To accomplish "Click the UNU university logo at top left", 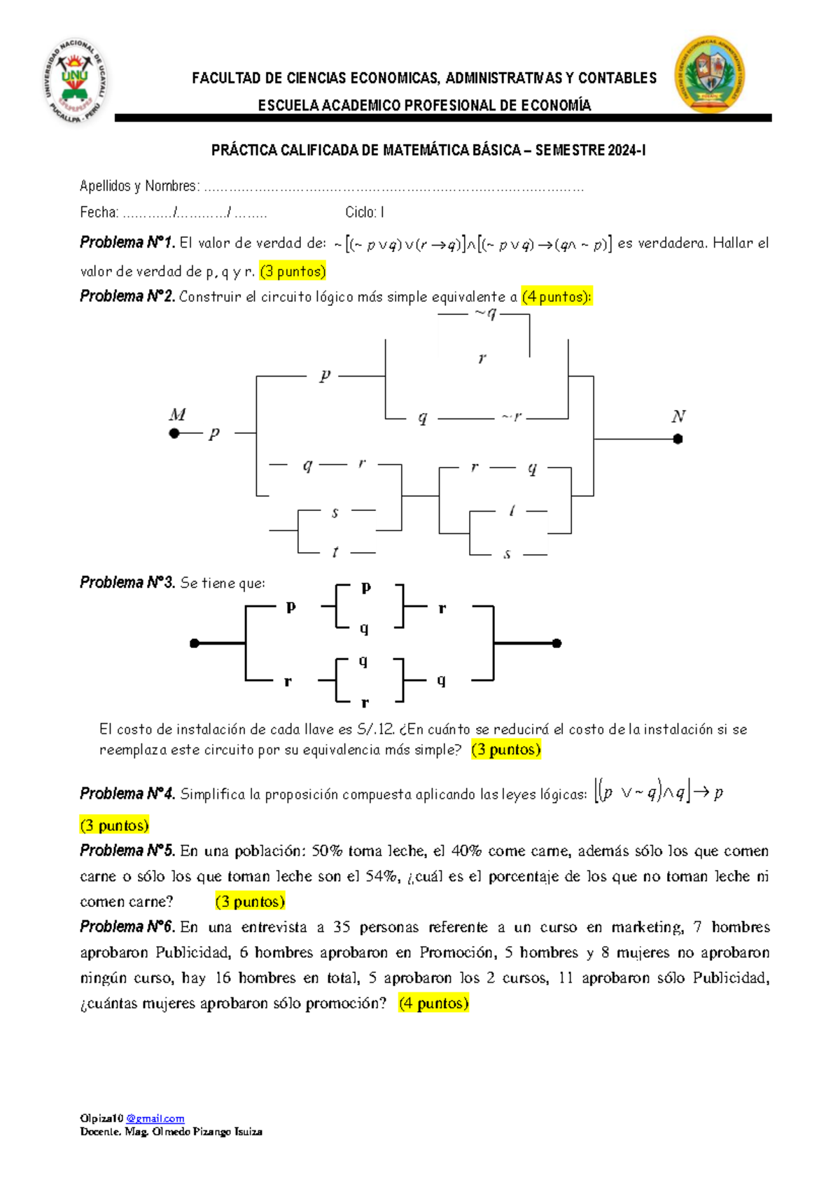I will [x=76, y=80].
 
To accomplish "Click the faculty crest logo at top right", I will [x=709, y=74].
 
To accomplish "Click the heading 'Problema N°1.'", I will [x=127, y=243].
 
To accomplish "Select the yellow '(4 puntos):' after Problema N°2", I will [x=556, y=297].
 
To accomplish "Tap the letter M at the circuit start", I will [x=177, y=414].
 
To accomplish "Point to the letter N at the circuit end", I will [x=678, y=416].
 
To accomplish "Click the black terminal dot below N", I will [x=678, y=439].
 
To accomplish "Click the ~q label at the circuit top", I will [x=485, y=314].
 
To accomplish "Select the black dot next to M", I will [x=174, y=433].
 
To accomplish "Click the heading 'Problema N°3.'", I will [x=127, y=582].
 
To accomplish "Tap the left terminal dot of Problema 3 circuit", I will [x=195, y=643].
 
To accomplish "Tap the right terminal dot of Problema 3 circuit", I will [x=556, y=643].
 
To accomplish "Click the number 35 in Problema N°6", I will [x=342, y=927].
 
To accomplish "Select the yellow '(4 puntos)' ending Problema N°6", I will [x=433, y=1003].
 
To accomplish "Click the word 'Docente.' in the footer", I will [x=100, y=1131].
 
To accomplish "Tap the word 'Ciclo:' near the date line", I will [x=360, y=212].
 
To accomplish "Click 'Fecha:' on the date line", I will [x=99, y=212].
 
